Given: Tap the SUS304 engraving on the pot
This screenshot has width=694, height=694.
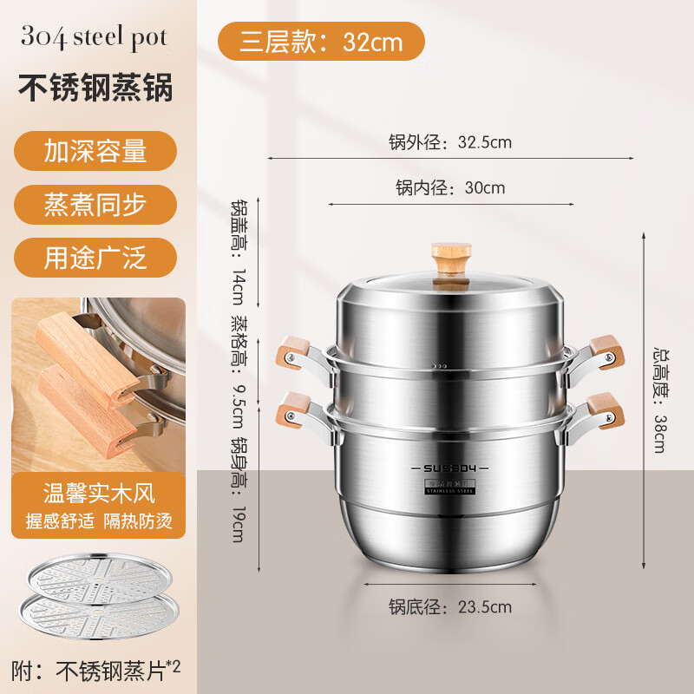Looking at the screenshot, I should pos(446,469).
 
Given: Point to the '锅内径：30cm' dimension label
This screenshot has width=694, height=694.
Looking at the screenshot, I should pos(450,187).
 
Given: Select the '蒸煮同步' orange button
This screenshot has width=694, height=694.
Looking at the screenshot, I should pos(95,205).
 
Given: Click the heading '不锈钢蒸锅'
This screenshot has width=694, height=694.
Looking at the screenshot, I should pos(95,88).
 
